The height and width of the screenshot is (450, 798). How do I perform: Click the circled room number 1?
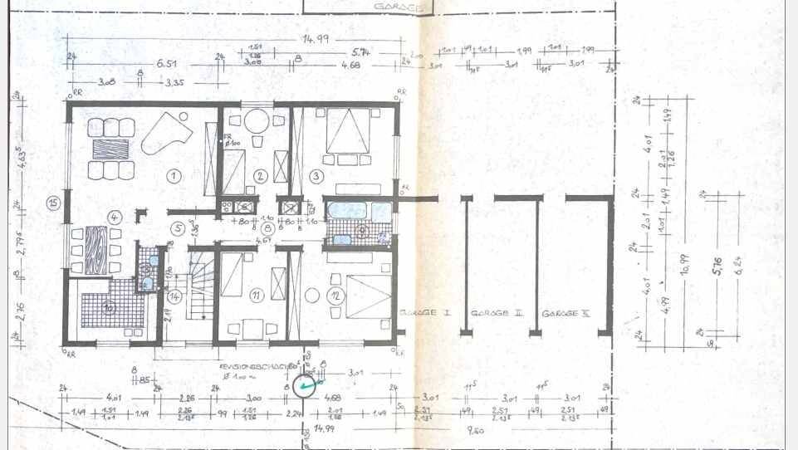[x=174, y=175]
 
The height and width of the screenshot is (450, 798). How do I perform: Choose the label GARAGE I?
[x=423, y=313]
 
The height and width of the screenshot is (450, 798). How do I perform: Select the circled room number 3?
[x=316, y=175]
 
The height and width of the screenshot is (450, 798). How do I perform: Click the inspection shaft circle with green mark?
[x=307, y=385]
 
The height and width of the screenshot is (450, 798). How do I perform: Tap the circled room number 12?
[x=335, y=295]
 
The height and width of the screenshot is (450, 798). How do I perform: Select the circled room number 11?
[x=257, y=295]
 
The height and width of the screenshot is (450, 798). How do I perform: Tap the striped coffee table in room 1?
[x=110, y=149]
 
